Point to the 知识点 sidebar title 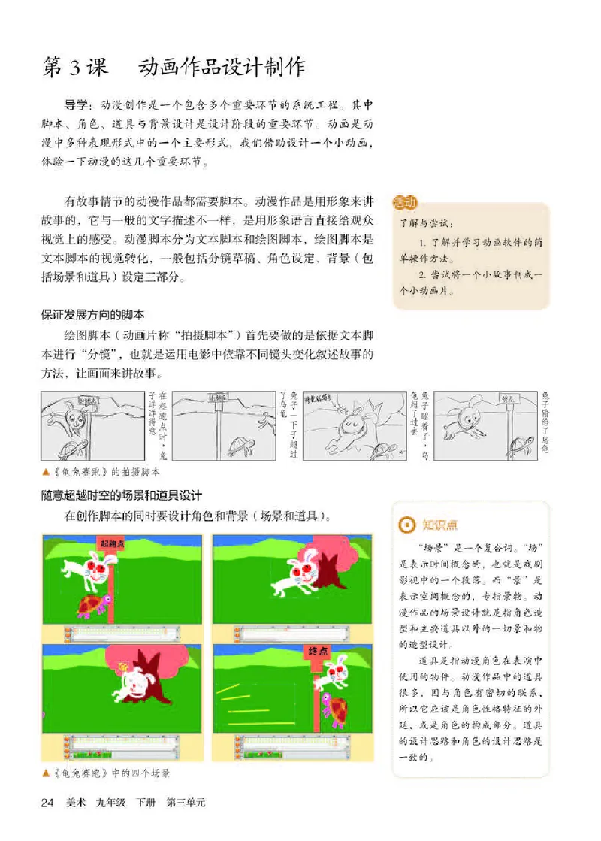[x=439, y=525]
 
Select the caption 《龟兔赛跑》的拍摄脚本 [x=108, y=473]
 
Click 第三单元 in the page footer [x=186, y=803]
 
